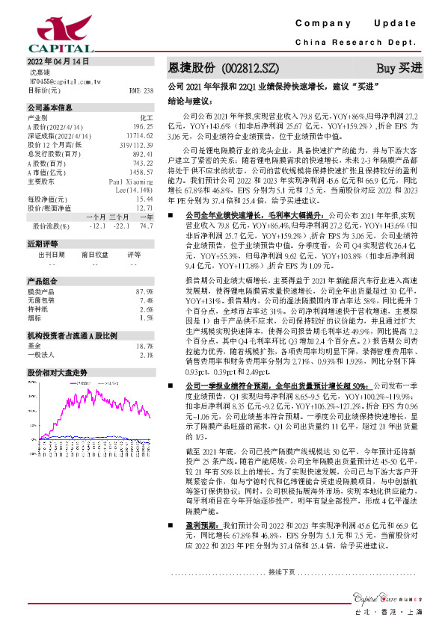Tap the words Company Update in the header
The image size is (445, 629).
(360, 25)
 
